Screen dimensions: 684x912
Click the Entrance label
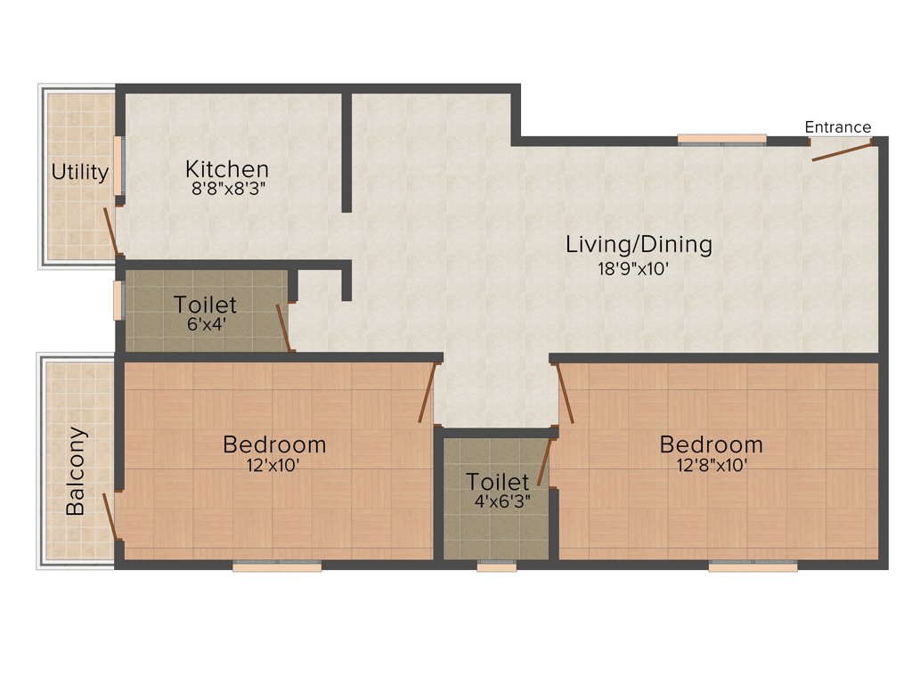pyautogui.click(x=838, y=126)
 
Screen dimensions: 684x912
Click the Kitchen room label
pyautogui.click(x=227, y=168)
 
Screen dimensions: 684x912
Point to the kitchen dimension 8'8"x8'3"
pyautogui.click(x=227, y=188)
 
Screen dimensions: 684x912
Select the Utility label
pyautogui.click(x=80, y=172)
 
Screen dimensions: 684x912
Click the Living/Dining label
pyautogui.click(x=639, y=244)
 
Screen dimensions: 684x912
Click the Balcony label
pyautogui.click(x=77, y=472)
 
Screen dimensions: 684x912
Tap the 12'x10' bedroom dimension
pyautogui.click(x=273, y=464)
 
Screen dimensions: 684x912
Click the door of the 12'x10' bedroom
pyautogui.click(x=427, y=392)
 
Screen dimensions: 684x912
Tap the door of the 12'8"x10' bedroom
pyautogui.click(x=566, y=393)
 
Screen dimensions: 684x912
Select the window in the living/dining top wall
pyautogui.click(x=721, y=139)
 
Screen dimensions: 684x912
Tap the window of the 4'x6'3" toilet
pyautogui.click(x=496, y=565)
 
